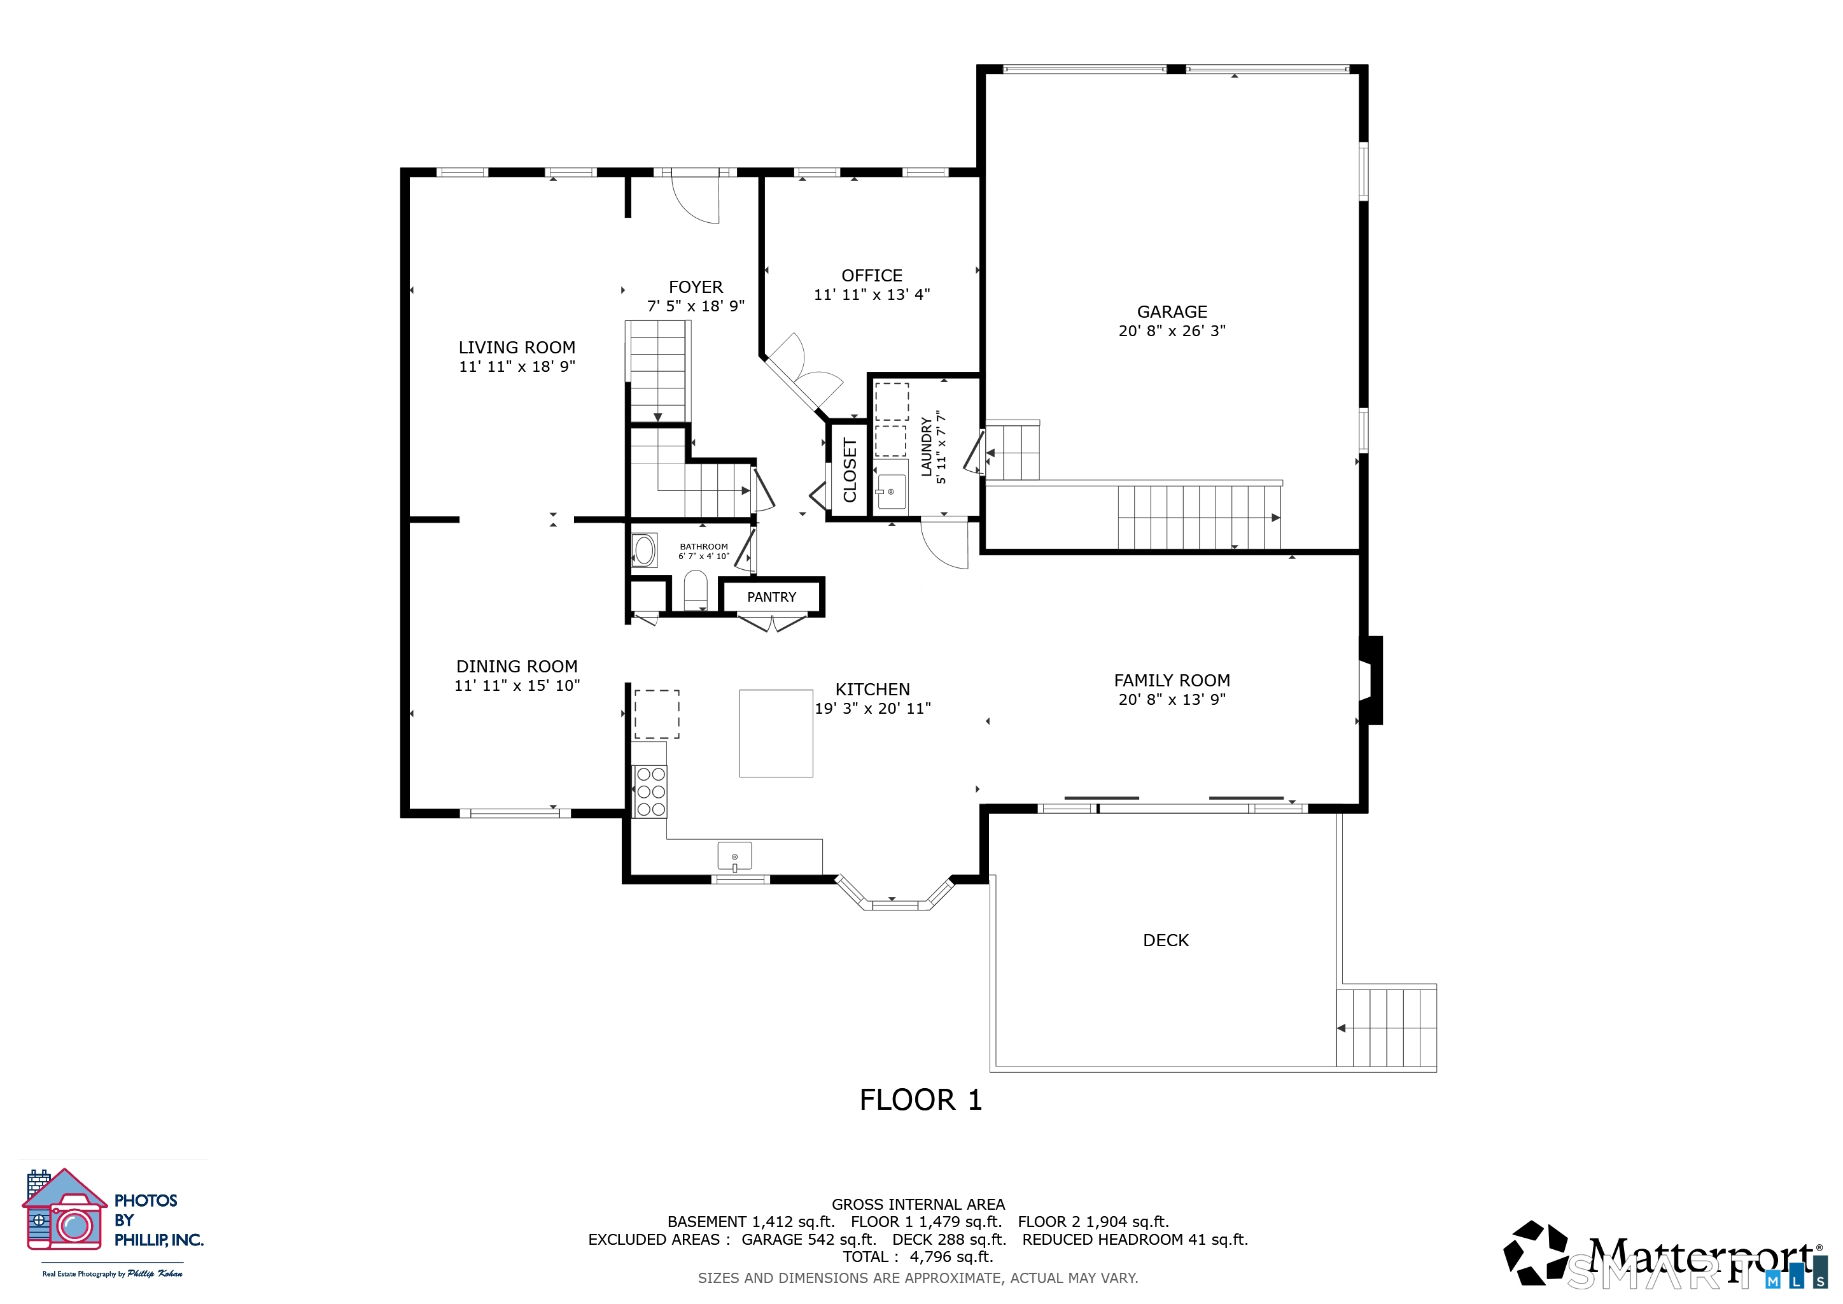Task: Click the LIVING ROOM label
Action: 517,348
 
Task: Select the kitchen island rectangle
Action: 776,733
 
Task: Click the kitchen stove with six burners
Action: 650,791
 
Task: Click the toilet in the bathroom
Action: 695,590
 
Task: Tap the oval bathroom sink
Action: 645,551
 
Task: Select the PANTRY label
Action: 771,597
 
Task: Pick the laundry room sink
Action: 890,492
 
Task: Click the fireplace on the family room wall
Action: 1370,681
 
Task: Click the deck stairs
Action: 1386,1028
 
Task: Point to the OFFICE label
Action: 872,276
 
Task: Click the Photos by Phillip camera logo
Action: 65,1210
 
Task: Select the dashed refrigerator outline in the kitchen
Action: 657,714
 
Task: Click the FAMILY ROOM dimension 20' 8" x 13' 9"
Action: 1172,699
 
